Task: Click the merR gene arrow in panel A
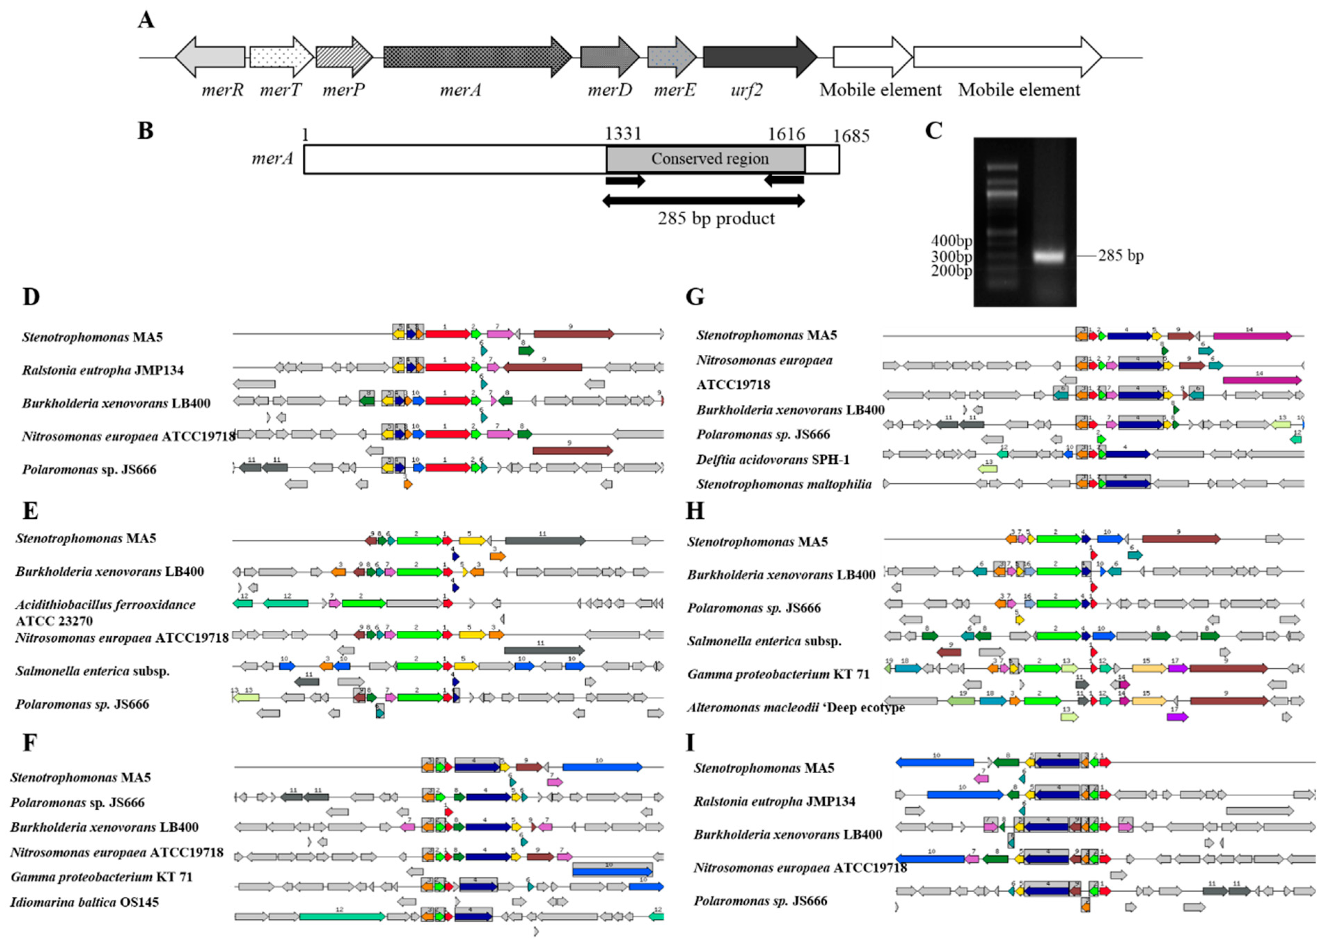210,57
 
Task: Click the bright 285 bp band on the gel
1049,256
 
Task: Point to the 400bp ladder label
951,240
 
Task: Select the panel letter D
31,297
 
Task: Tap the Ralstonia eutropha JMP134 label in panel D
103,370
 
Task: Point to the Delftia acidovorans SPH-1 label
773,459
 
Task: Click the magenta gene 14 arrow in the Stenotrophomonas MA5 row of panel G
1252,336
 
